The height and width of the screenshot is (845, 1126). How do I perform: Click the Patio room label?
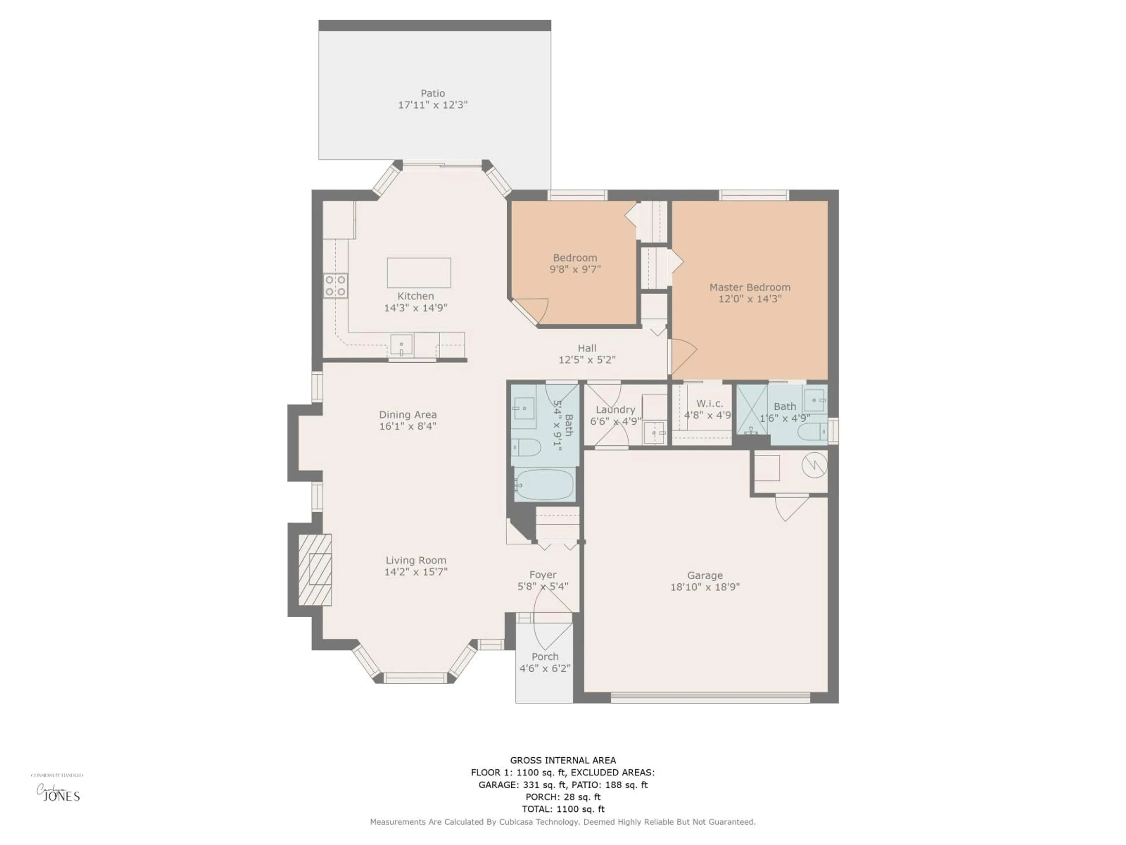coord(433,93)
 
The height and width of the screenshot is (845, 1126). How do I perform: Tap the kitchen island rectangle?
coord(418,273)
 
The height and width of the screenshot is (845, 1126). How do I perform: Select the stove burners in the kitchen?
coord(335,286)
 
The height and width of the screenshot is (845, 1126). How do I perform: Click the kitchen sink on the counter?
coord(401,345)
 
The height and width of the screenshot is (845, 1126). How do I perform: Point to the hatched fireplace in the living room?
coord(315,569)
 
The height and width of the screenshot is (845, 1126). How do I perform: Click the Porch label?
coord(545,657)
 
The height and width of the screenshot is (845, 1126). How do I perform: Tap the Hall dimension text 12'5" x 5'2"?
coord(587,360)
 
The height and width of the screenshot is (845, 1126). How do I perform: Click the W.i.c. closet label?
coord(710,403)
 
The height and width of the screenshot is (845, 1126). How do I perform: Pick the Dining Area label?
coord(408,415)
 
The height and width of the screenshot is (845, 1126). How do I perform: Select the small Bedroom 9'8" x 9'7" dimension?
coord(575,269)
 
